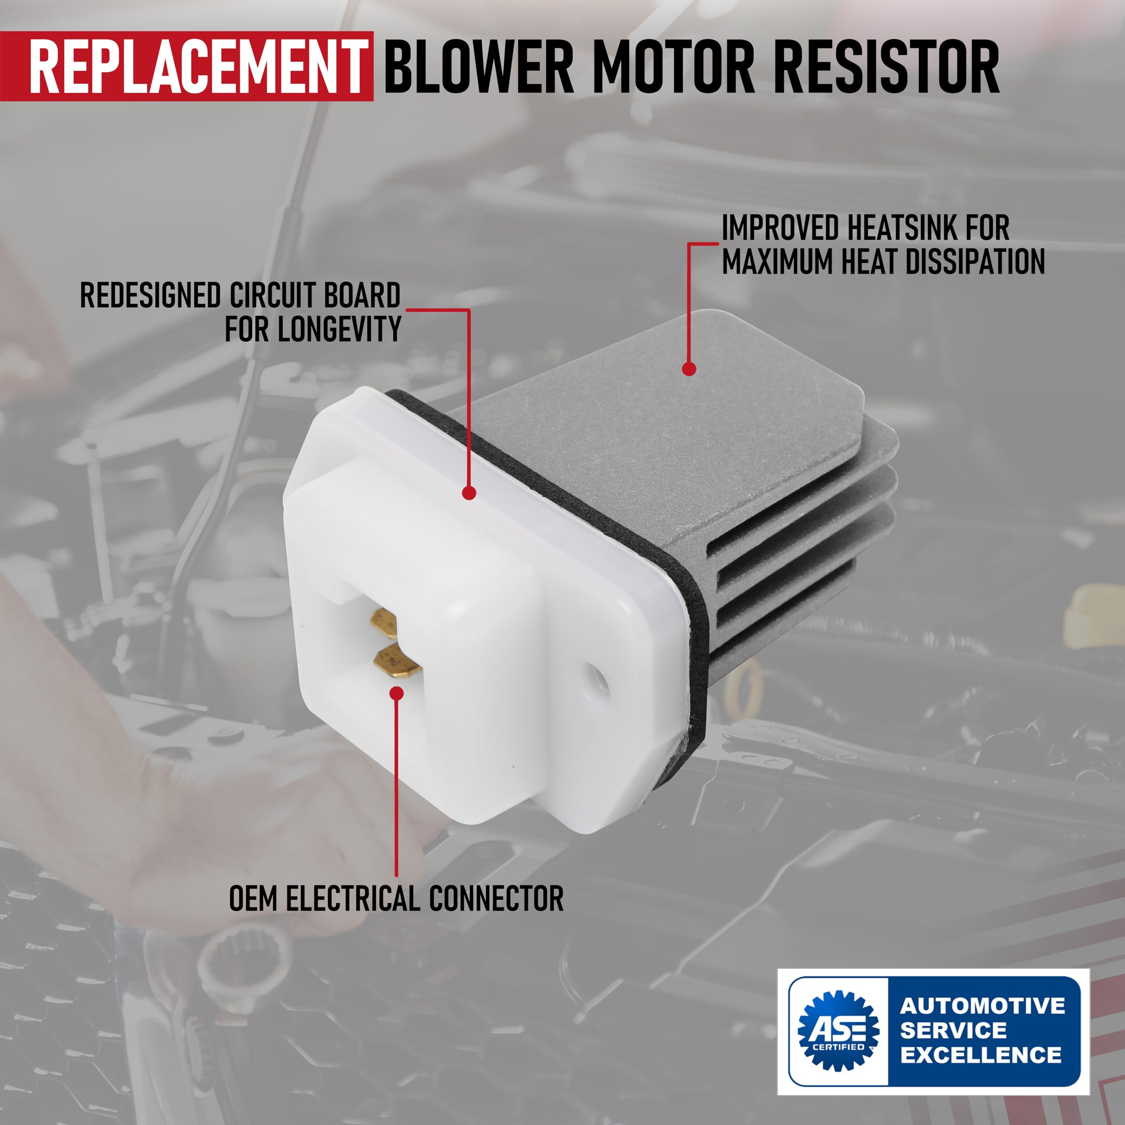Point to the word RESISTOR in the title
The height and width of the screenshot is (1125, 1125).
coord(886,66)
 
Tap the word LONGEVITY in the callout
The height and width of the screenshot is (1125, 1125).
coord(339,330)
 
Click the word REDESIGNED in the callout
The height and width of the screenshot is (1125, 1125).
coord(150,295)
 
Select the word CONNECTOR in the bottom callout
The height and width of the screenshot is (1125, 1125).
coord(497,899)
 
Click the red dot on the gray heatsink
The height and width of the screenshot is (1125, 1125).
coord(689,369)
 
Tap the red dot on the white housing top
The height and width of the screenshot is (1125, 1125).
coord(469,493)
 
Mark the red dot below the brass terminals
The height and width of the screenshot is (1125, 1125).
coord(396,693)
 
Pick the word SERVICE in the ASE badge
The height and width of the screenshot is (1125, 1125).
coord(953,1030)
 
